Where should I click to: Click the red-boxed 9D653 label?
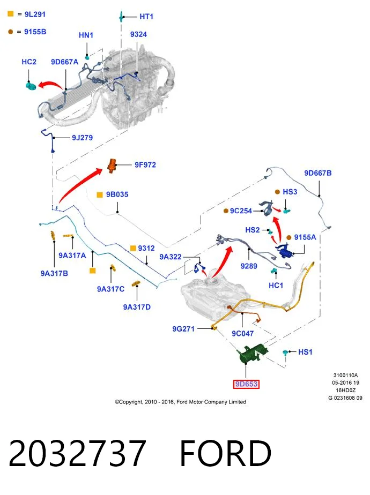click(x=247, y=384)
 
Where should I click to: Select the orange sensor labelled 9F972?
click(x=112, y=165)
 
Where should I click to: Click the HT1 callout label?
click(x=146, y=17)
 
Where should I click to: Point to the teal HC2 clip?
click(x=31, y=85)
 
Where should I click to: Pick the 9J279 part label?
click(x=82, y=138)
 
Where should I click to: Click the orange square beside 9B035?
click(x=100, y=195)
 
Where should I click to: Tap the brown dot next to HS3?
click(x=277, y=192)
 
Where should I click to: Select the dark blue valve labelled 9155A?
click(x=285, y=251)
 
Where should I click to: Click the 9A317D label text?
click(x=137, y=307)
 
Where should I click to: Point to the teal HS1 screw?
click(x=285, y=353)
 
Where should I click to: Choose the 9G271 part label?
click(x=183, y=329)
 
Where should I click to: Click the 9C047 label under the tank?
click(x=242, y=333)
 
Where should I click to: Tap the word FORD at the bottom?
click(x=226, y=453)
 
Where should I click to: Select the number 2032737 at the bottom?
click(x=77, y=453)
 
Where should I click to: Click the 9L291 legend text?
click(x=35, y=14)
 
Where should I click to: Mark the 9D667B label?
click(x=318, y=173)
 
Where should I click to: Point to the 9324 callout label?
click(x=138, y=34)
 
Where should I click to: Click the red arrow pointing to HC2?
click(x=50, y=85)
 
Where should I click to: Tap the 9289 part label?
click(x=249, y=266)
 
